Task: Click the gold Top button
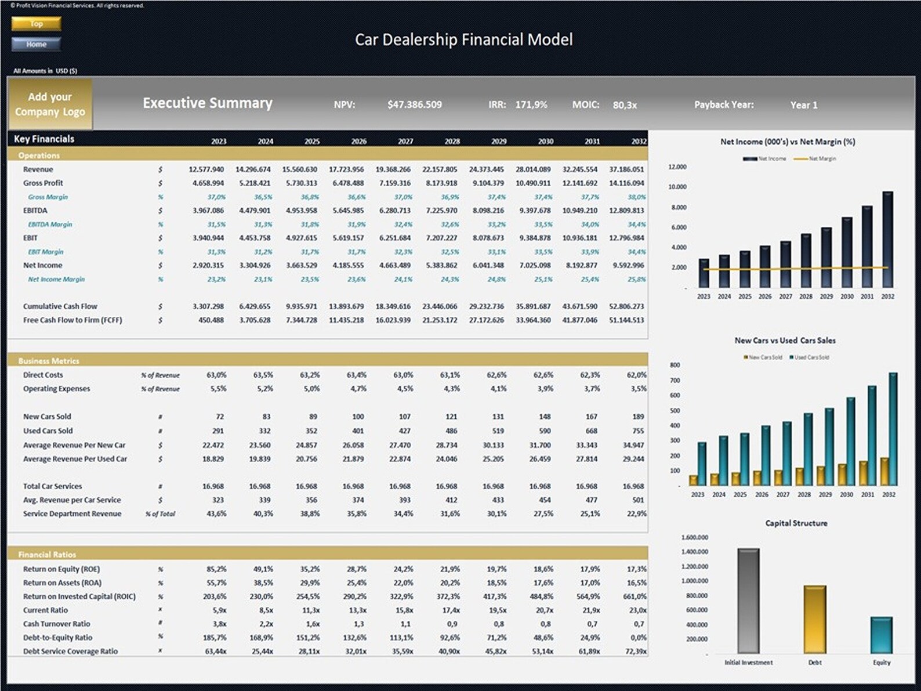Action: (36, 24)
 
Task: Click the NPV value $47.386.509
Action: (414, 105)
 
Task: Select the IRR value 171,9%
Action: (531, 105)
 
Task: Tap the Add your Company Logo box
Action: (50, 104)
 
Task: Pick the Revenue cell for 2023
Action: (206, 169)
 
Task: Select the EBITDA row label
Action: (35, 211)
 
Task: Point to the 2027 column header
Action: (405, 142)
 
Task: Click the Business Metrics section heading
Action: (49, 361)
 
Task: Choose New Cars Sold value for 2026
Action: (358, 417)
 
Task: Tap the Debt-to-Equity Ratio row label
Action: (57, 638)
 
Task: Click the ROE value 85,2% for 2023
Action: (216, 569)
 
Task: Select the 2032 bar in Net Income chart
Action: (887, 239)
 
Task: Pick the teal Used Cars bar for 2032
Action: (893, 429)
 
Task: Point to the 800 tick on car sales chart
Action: (675, 365)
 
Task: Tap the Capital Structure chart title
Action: (796, 523)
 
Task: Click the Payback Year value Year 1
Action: (803, 105)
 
